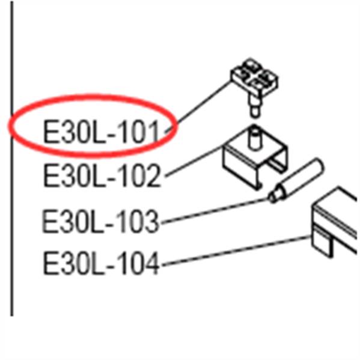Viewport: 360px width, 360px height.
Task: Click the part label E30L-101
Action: [101, 132]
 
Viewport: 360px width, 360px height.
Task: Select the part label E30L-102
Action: [102, 175]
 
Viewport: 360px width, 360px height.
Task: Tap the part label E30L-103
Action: [100, 221]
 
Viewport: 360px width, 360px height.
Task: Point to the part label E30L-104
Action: [101, 263]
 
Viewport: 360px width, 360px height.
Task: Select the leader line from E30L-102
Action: [194, 162]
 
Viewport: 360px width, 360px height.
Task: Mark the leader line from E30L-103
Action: [215, 211]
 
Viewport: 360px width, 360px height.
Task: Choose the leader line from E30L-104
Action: [236, 251]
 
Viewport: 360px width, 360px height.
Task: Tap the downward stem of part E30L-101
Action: [255, 105]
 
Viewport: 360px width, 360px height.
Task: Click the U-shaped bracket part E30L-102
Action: [254, 159]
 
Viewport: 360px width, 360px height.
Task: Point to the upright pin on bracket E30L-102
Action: [254, 138]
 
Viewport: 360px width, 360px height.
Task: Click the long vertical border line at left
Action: [11, 159]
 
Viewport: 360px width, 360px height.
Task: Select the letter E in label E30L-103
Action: [49, 221]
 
